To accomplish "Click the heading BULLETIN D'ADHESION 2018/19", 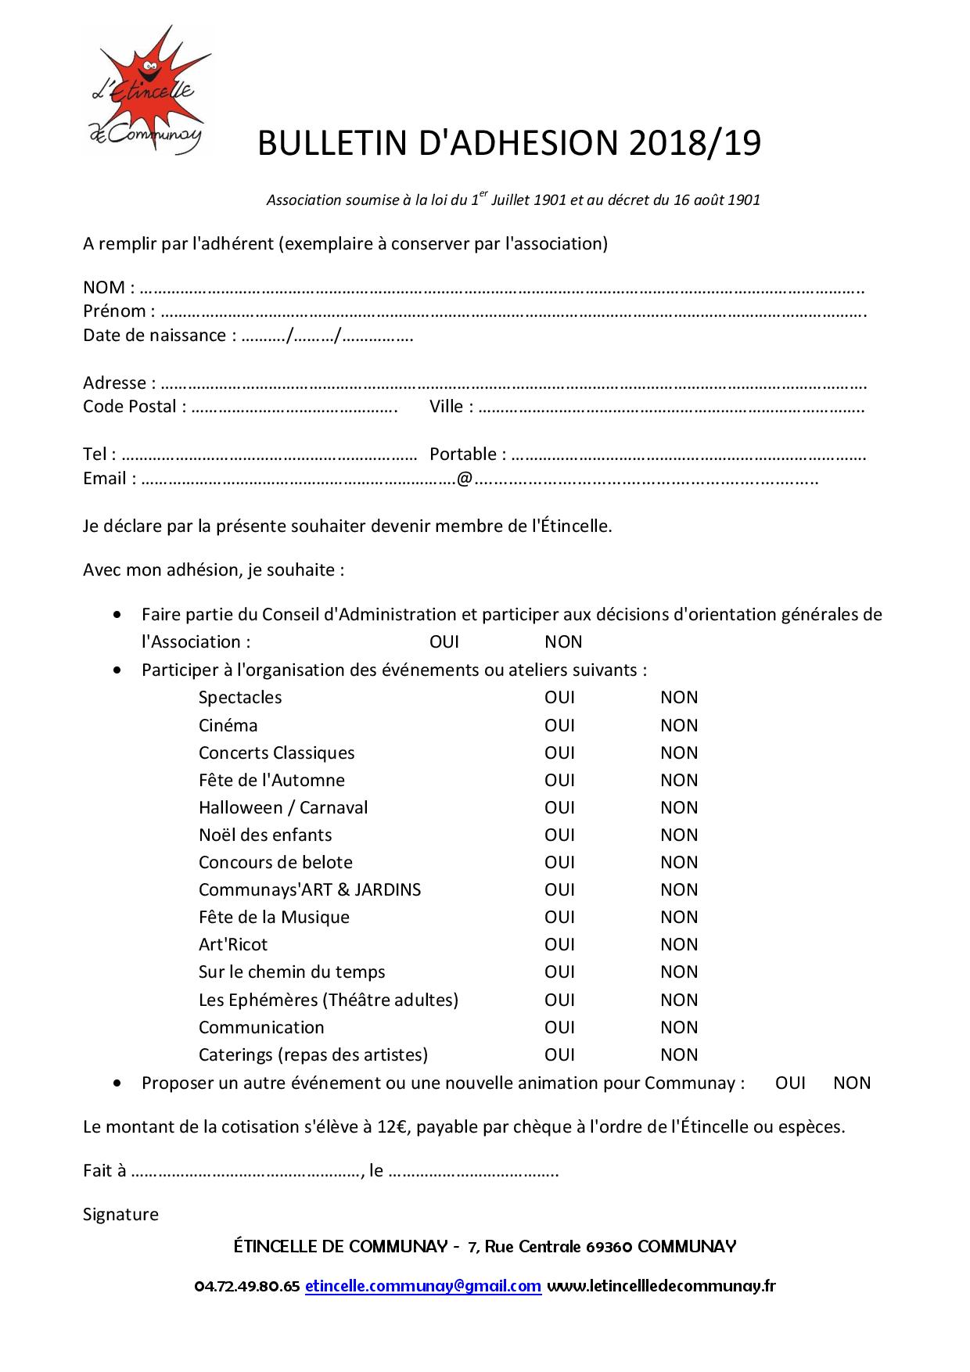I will [x=509, y=144].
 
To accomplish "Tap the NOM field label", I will [x=104, y=287].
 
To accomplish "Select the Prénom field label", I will [x=114, y=311].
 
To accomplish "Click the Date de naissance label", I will [x=154, y=336].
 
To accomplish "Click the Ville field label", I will [x=447, y=407].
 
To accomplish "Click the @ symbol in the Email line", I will [x=465, y=479].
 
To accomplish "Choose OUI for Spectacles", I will [x=559, y=698].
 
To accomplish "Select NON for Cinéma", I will [x=679, y=726].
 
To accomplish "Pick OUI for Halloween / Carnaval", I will [x=559, y=808].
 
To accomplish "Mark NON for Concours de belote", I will [x=679, y=863].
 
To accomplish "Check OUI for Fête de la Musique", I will [x=559, y=918].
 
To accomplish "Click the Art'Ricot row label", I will [x=233, y=945].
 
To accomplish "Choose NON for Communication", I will [x=679, y=1028].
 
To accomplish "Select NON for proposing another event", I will [x=852, y=1083].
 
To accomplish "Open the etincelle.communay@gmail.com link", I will [x=423, y=1286].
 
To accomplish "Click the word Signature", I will [x=120, y=1215].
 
